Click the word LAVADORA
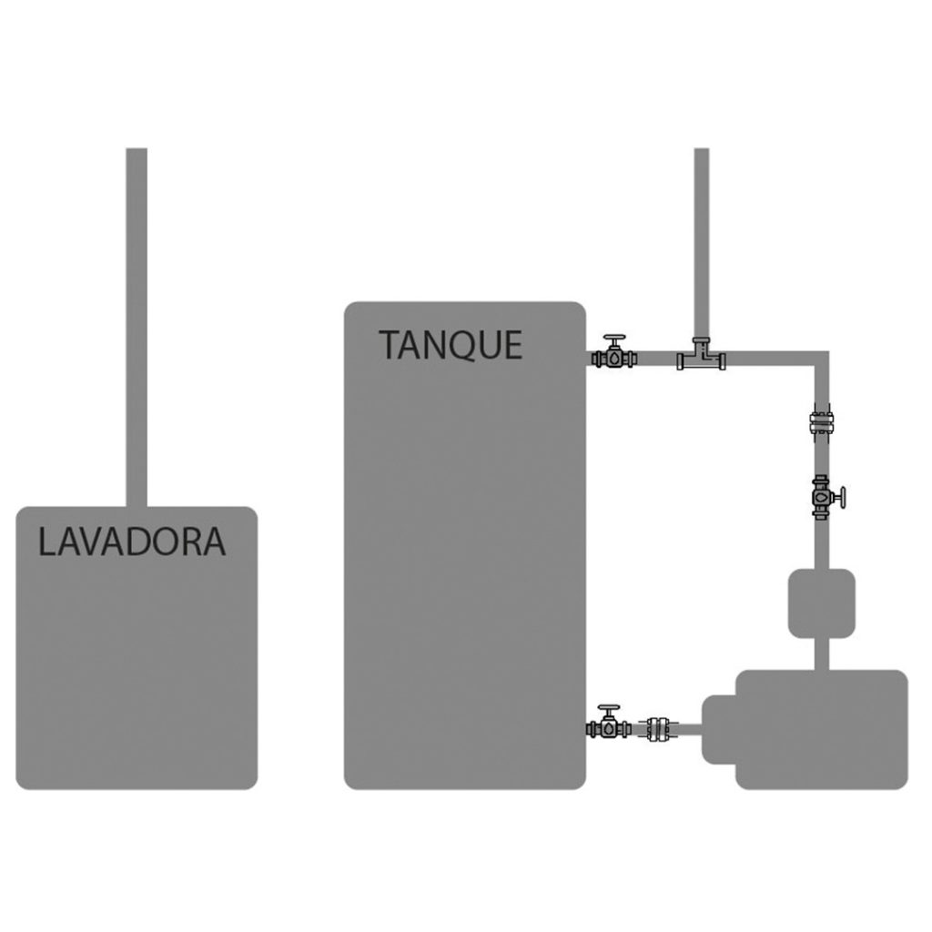(x=131, y=542)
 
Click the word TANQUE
(x=451, y=346)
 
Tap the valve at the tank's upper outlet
(x=615, y=358)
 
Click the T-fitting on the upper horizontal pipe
(x=702, y=357)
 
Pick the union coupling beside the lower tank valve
(x=659, y=728)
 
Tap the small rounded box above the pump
(x=820, y=602)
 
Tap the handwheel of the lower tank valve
(x=608, y=707)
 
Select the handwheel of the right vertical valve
(x=844, y=499)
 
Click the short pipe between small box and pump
(x=821, y=653)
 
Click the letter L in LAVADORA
(x=46, y=542)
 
